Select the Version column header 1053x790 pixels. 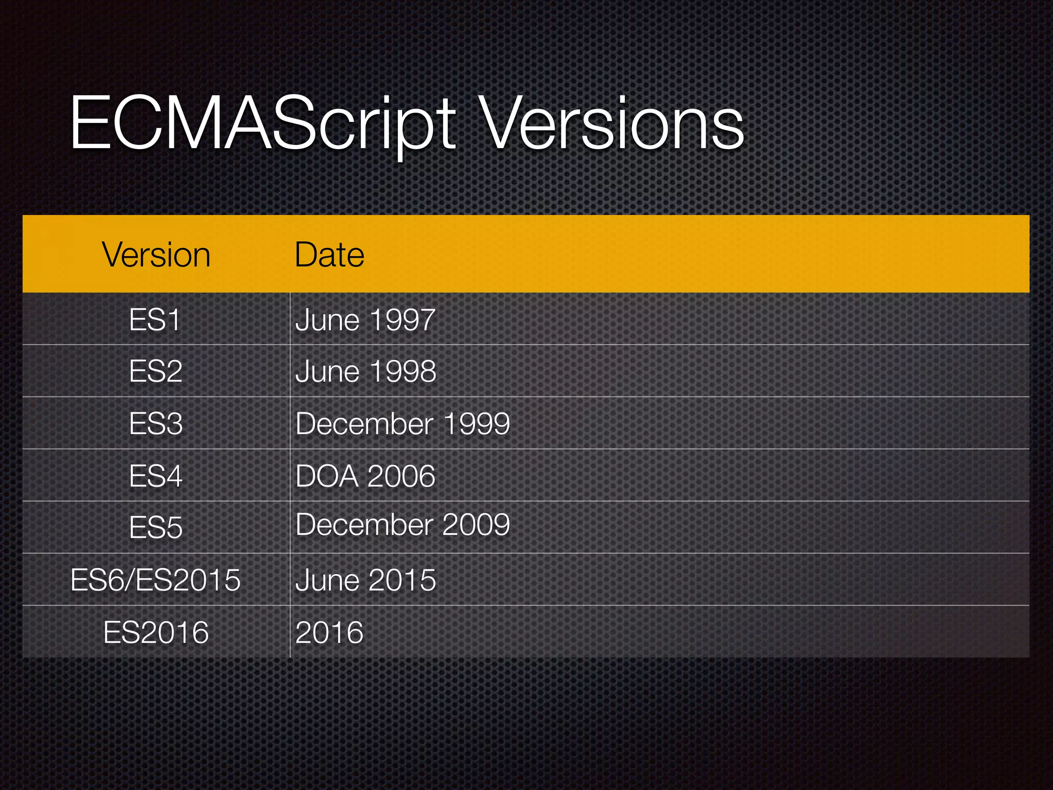[x=156, y=255]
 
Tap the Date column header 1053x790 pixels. [x=329, y=255]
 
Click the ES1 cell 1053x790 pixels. [x=155, y=320]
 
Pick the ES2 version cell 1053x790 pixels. [x=155, y=371]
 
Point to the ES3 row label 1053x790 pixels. [x=155, y=424]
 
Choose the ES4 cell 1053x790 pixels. [x=155, y=476]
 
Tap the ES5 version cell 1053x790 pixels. [x=155, y=528]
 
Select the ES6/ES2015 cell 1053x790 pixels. [x=155, y=580]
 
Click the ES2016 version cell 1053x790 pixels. [x=155, y=632]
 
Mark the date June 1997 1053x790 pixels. [x=366, y=320]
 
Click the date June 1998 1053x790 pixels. [x=366, y=371]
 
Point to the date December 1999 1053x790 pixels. [x=403, y=424]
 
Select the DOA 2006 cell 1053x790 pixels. [x=366, y=476]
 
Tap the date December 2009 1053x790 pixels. [x=403, y=525]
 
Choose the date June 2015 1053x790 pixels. [x=366, y=580]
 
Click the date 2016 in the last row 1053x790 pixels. [x=329, y=632]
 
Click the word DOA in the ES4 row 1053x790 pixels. [x=326, y=476]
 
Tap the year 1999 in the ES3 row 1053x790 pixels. [x=476, y=424]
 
